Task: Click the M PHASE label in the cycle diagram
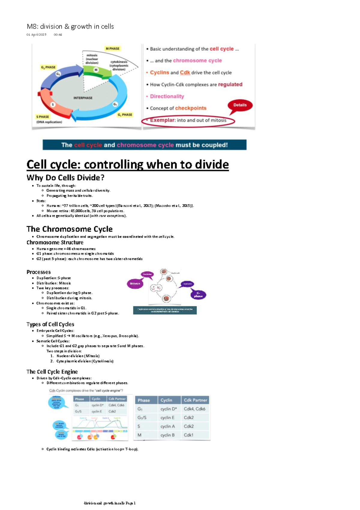click(112, 48)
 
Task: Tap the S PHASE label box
click(43, 117)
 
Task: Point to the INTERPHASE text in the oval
click(83, 98)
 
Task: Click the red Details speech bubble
click(240, 105)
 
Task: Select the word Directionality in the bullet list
click(167, 96)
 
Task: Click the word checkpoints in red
click(190, 108)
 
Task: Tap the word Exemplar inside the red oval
click(162, 120)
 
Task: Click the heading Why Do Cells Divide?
click(65, 178)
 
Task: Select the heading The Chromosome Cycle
click(69, 229)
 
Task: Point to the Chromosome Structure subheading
click(55, 242)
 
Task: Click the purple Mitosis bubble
click(135, 283)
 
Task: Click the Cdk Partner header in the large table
click(195, 400)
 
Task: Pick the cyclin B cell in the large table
click(167, 435)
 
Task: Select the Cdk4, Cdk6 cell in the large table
click(194, 409)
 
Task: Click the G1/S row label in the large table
click(142, 418)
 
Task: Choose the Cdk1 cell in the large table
click(188, 435)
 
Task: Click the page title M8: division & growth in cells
click(70, 26)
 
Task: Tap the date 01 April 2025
click(36, 35)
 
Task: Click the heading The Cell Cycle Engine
click(52, 372)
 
